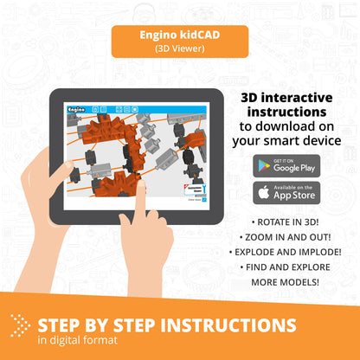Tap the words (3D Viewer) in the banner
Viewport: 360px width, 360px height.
(x=179, y=49)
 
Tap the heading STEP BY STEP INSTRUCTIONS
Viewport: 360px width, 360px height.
(x=165, y=325)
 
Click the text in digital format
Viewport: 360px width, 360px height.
(x=79, y=342)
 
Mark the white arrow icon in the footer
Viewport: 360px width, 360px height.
(x=20, y=326)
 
